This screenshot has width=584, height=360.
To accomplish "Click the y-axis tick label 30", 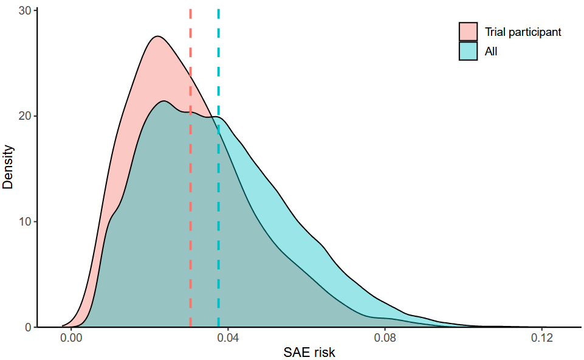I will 25,10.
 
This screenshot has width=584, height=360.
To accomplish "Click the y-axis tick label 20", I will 25,116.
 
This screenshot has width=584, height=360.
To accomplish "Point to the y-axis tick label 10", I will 25,221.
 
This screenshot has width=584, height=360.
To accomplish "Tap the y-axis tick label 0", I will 28,327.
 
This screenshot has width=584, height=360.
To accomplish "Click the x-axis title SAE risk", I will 309,352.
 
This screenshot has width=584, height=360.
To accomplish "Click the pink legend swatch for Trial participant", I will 468,32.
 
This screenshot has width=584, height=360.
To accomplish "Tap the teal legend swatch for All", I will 468,52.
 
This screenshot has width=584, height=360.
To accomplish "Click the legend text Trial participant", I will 523,32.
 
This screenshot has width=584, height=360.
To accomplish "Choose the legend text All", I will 491,52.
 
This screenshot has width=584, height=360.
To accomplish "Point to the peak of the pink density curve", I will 157,36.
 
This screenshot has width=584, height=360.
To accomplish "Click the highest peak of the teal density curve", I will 163,101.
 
